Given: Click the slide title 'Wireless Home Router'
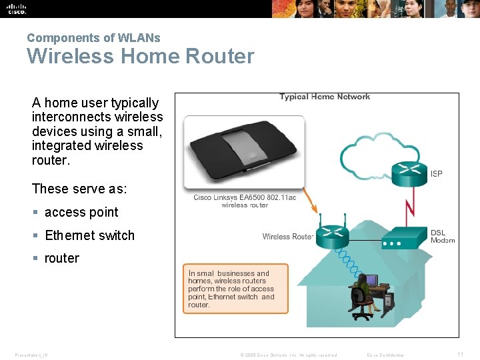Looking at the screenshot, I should [140, 56].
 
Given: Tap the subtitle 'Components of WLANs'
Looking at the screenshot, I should [93, 38].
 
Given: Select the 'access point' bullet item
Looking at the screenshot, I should [81, 213].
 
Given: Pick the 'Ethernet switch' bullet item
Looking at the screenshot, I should [89, 235].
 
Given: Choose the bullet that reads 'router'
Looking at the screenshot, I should [61, 258].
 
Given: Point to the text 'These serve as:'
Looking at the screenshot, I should [79, 189].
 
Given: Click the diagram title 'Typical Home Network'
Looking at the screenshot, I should [325, 97].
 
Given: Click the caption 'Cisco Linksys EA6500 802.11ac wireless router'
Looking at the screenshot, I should [245, 201].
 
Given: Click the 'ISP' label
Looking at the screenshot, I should [437, 174].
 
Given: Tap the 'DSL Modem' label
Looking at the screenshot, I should [442, 236].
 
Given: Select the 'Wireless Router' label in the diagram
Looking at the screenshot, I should [287, 237].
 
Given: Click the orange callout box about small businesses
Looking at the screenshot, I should [235, 289].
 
